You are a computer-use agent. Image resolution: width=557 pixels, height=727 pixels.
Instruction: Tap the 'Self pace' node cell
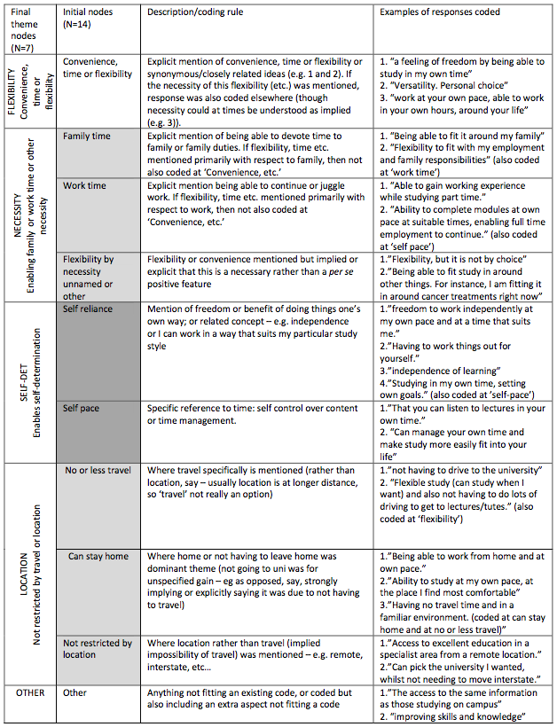coord(82,409)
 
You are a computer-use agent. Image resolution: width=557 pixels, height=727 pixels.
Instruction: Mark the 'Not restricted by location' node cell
coord(98,649)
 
